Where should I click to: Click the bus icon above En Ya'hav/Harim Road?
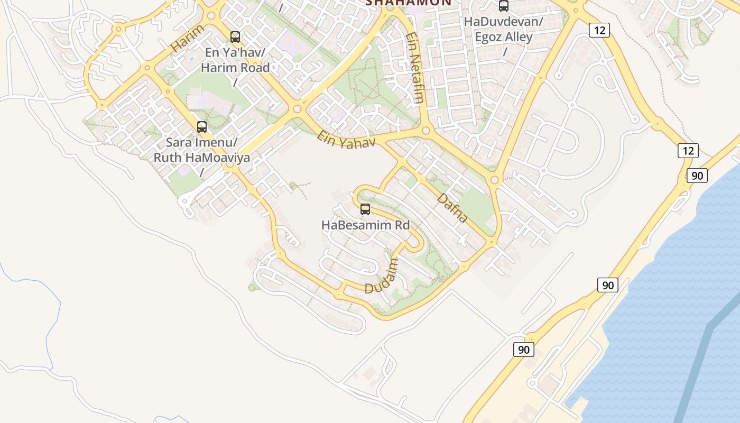coord(235,37)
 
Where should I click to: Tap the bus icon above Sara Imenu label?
coord(202,127)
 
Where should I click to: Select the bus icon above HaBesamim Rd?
coord(365,209)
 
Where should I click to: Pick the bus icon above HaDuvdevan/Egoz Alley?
coord(504,6)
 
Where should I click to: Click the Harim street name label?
coord(187,39)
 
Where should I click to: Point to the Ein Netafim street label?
coord(415,67)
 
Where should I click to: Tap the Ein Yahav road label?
coord(346,139)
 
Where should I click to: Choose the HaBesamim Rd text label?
coord(365,225)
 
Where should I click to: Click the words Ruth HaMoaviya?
coord(201,158)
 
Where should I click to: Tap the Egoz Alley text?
coord(503,37)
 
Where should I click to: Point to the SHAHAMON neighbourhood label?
coord(409,3)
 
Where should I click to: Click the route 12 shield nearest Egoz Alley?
coord(599,30)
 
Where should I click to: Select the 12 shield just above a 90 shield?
coord(688,151)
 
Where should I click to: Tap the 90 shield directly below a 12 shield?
coord(697,176)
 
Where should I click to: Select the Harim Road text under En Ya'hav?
coord(235,68)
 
